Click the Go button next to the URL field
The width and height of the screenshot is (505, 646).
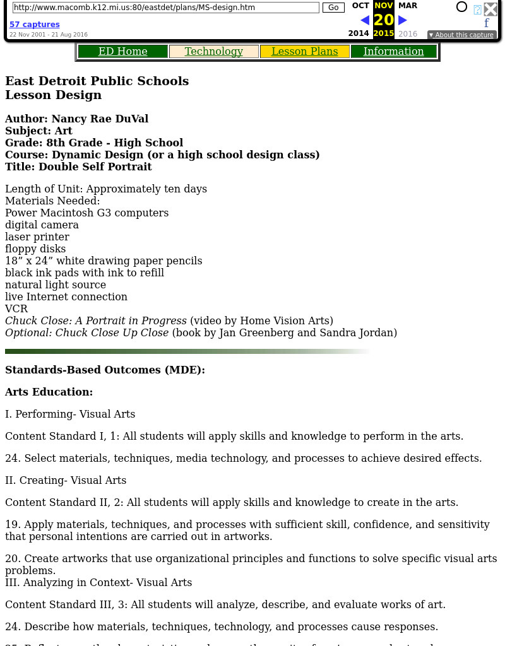tap(333, 8)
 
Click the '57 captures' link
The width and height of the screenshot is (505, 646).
tap(35, 25)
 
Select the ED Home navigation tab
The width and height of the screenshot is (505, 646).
tap(123, 52)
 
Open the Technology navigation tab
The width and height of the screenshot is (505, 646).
tap(214, 52)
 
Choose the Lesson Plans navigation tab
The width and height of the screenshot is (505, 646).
tap(305, 52)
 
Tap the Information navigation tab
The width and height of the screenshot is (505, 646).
tap(394, 52)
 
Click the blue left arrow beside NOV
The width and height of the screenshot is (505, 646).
tap(365, 20)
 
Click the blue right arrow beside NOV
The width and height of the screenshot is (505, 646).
tap(403, 20)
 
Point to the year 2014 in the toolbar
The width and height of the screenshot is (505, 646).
tap(359, 34)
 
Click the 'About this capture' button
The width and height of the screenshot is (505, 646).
tap(461, 35)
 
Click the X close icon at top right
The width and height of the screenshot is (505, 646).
tap(490, 9)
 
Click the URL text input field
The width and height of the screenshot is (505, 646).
tap(165, 8)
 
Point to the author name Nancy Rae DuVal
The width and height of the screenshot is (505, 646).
tap(100, 119)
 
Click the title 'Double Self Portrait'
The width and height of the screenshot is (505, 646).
tap(95, 167)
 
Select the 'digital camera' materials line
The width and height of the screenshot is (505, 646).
tap(42, 225)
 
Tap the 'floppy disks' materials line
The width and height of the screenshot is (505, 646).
tap(35, 249)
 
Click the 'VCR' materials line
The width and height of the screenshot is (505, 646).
tap(16, 308)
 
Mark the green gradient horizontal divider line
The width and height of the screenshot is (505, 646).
tap(187, 351)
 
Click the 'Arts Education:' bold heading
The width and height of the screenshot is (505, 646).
tap(49, 392)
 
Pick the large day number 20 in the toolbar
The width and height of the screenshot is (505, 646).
tap(383, 20)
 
